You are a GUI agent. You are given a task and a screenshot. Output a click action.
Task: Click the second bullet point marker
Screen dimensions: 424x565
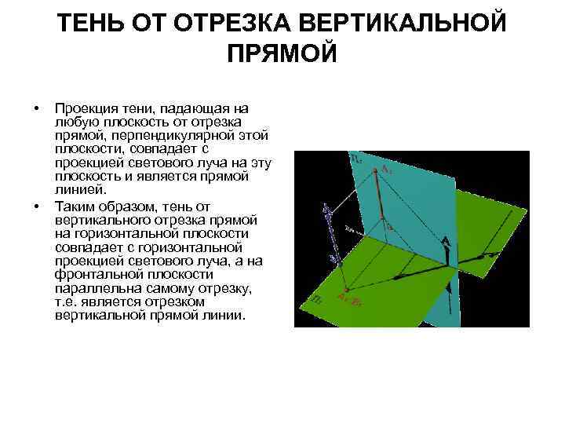click(36, 206)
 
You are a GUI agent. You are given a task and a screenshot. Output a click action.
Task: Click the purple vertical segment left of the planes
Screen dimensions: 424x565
click(327, 231)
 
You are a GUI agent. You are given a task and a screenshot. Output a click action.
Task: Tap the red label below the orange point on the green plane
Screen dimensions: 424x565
click(348, 297)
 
